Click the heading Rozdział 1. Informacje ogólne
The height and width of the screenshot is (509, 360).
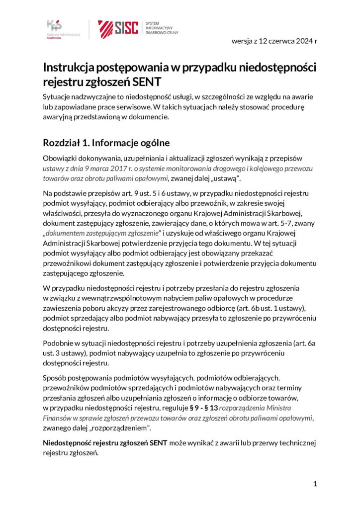coord(107,143)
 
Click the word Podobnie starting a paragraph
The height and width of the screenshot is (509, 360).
coord(60,343)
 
